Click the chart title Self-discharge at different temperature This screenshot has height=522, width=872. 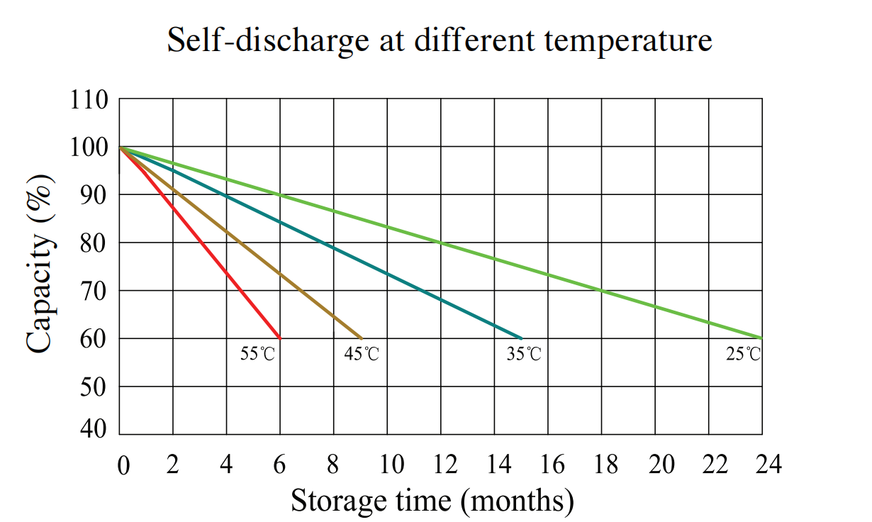[x=439, y=40]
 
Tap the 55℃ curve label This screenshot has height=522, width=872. [x=257, y=354]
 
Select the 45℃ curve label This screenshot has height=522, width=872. [x=362, y=354]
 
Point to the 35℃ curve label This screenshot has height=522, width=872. [x=523, y=354]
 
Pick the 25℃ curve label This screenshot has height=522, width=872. [x=743, y=354]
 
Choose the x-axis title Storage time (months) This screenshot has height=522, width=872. [x=432, y=500]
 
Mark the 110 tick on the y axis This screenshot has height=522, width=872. [x=89, y=100]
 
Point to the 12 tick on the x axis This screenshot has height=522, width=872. [x=445, y=465]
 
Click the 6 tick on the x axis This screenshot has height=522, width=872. [x=280, y=465]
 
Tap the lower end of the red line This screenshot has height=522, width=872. [x=280, y=338]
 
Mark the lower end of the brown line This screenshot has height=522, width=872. [x=362, y=338]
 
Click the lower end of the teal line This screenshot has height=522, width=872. [x=522, y=338]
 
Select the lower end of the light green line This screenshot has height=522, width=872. [x=762, y=338]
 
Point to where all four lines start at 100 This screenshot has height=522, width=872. [x=120, y=148]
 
